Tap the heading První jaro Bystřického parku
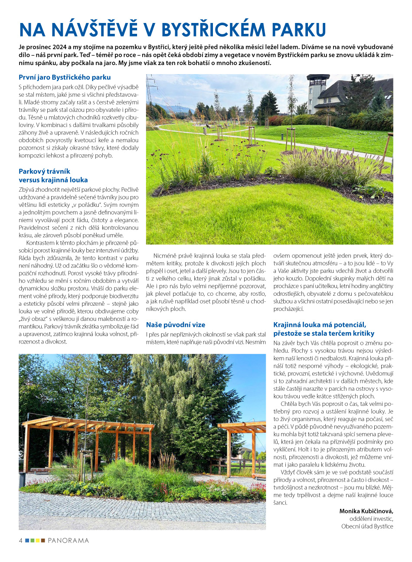(65, 78)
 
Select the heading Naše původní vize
(176, 324)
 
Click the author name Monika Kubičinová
(366, 511)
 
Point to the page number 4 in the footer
(20, 540)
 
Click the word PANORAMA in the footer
(68, 541)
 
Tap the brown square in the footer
(43, 541)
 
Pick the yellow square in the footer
(38, 541)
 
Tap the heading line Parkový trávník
(44, 171)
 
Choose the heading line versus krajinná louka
(53, 180)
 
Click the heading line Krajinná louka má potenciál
(320, 325)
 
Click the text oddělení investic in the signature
(371, 519)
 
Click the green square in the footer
(33, 541)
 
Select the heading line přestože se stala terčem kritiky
(324, 333)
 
